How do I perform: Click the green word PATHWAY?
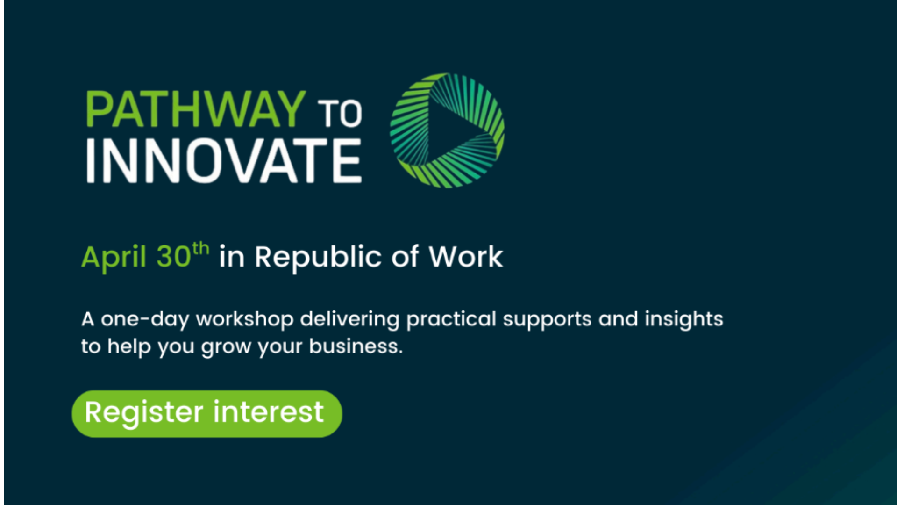[x=196, y=109]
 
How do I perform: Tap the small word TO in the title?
[x=340, y=114]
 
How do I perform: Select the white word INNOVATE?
[x=224, y=161]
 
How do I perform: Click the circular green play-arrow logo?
[x=448, y=130]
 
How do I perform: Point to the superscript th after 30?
[x=200, y=248]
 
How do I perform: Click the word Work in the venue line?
[x=466, y=257]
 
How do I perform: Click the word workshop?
[x=245, y=319]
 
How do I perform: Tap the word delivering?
[x=350, y=319]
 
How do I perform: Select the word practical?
[x=451, y=319]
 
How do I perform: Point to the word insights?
[x=684, y=319]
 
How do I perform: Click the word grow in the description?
[x=226, y=348]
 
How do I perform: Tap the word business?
[x=356, y=346]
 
